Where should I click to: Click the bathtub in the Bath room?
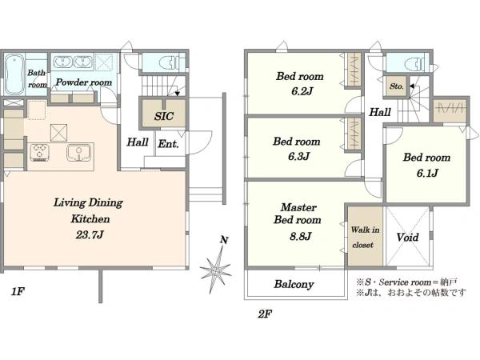(x=14, y=74)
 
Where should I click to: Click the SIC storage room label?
(x=164, y=116)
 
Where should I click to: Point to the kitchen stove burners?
(x=40, y=152)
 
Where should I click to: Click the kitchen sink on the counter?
(x=78, y=153)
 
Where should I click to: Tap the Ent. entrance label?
(x=168, y=144)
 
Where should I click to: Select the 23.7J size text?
(x=90, y=234)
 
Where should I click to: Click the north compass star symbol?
(x=217, y=267)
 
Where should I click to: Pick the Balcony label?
(x=294, y=284)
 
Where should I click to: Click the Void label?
(x=407, y=238)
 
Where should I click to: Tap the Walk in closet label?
(x=365, y=237)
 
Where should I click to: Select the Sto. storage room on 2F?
(x=397, y=86)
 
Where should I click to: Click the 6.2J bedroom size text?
(x=302, y=91)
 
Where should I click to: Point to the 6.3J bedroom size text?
(x=298, y=157)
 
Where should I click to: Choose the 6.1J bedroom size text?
(x=427, y=174)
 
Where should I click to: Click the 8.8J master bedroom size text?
(x=300, y=236)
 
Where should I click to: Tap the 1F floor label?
(x=18, y=291)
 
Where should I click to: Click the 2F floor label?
(x=265, y=314)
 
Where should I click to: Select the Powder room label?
(x=84, y=82)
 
